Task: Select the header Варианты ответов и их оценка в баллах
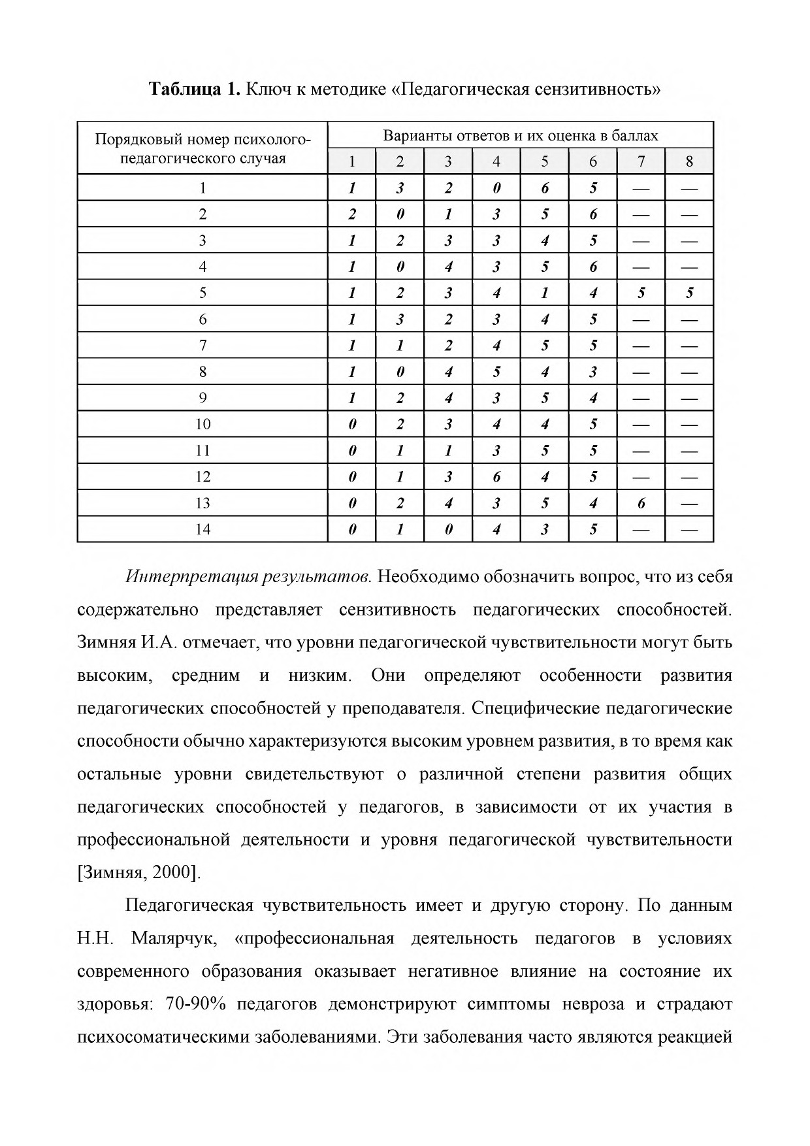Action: pyautogui.click(x=520, y=136)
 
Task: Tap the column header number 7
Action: pyautogui.click(x=641, y=161)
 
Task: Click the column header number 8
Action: pyautogui.click(x=689, y=161)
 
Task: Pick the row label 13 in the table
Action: pyautogui.click(x=202, y=503)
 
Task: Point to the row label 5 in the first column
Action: pyautogui.click(x=202, y=293)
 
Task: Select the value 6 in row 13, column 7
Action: pyautogui.click(x=641, y=503)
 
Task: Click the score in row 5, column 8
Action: pyautogui.click(x=689, y=293)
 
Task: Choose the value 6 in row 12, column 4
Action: pyautogui.click(x=496, y=477)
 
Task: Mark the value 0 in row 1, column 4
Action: pyautogui.click(x=496, y=188)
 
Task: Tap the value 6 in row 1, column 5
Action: pyautogui.click(x=545, y=188)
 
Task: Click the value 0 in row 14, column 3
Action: pyautogui.click(x=448, y=529)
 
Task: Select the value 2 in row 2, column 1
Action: pyautogui.click(x=351, y=214)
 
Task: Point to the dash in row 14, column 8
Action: pyautogui.click(x=689, y=529)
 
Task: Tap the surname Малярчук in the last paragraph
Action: pyautogui.click(x=173, y=939)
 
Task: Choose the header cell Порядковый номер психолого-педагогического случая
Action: pyautogui.click(x=202, y=148)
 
